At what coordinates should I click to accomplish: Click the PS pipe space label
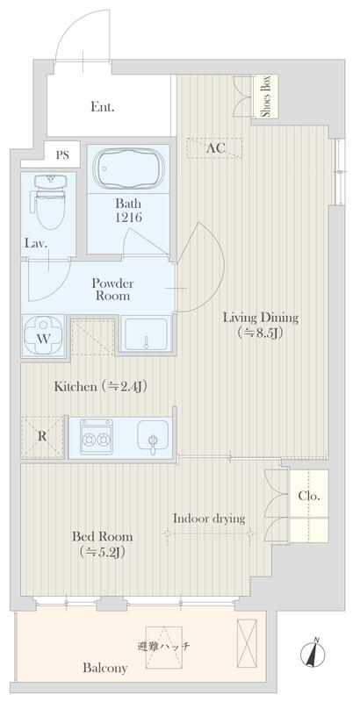[x=62, y=155]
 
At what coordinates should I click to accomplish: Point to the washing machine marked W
[x=42, y=336]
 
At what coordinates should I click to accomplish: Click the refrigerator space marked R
[x=42, y=436]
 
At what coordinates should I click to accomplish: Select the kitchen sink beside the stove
[x=153, y=435]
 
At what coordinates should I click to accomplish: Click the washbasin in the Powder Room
[x=146, y=333]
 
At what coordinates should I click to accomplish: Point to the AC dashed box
[x=214, y=147]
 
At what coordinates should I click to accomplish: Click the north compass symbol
[x=316, y=653]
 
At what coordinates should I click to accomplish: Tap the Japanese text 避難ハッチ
[x=164, y=646]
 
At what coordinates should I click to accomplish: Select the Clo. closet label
[x=309, y=496]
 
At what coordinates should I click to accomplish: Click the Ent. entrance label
[x=103, y=107]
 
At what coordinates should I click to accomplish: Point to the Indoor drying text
[x=209, y=519]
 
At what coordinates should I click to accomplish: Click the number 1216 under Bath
[x=128, y=218]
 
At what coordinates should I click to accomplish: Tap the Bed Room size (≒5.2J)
[x=103, y=553]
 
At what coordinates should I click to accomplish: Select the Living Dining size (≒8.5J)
[x=261, y=333]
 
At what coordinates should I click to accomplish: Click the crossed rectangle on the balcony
[x=247, y=638]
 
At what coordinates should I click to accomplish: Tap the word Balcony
[x=104, y=669]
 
